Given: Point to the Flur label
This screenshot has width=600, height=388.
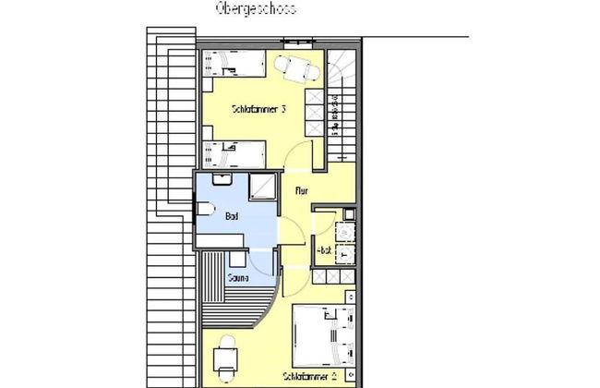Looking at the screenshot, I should coord(301,191).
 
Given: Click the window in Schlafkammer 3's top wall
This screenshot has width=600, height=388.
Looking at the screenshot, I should coord(297,42).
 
